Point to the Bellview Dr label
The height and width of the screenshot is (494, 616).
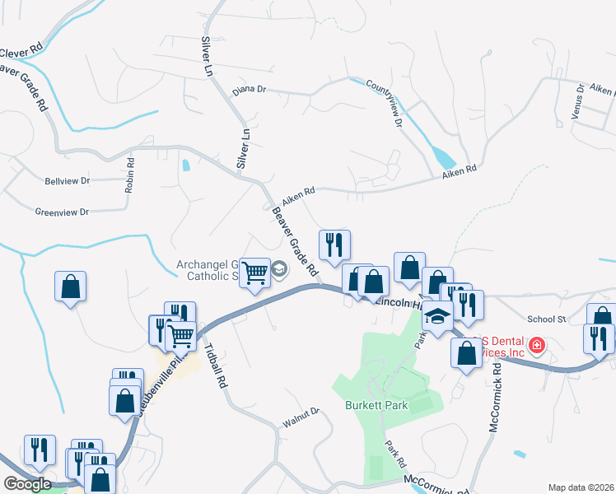point(68,179)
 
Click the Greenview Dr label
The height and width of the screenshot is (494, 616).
point(62,212)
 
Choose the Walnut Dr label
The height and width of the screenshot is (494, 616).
point(303,410)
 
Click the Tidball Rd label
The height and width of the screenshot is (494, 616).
point(215,363)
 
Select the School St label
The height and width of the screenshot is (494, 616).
point(546,319)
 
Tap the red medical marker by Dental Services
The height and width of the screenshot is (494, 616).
point(536,344)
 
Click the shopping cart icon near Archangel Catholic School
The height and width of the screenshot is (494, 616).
point(255,272)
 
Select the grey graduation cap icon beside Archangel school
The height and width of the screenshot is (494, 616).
point(279,269)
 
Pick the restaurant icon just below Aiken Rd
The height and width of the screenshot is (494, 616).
point(334,245)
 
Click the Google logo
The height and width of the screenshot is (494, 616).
point(27,484)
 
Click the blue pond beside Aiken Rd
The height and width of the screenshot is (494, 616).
point(442,156)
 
